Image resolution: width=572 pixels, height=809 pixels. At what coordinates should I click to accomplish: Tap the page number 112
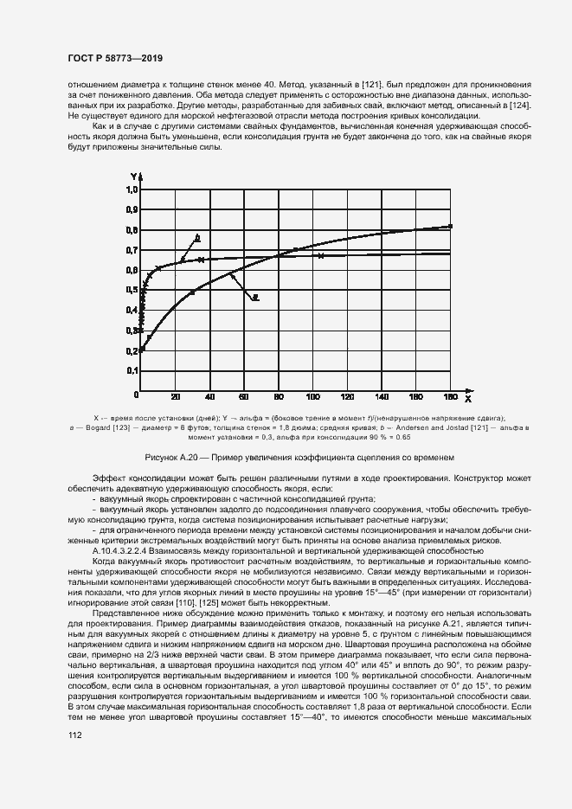click(75, 735)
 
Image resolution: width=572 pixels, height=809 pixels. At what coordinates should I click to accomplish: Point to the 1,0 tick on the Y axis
click(132, 189)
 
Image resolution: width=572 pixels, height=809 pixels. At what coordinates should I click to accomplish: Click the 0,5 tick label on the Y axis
click(132, 290)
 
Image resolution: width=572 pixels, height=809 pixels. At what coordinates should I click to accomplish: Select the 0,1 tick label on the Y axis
click(132, 370)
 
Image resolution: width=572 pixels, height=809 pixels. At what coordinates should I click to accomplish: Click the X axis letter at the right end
click(467, 400)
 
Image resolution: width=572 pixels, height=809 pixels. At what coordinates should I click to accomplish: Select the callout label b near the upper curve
click(197, 236)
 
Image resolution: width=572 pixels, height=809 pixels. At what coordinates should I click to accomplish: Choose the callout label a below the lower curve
click(257, 297)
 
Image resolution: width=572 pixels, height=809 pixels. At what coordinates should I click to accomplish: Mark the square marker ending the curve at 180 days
click(450, 227)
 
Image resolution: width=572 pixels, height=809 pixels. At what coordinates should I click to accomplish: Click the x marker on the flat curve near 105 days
click(321, 256)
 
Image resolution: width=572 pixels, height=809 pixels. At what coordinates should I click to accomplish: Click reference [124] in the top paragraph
click(518, 106)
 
